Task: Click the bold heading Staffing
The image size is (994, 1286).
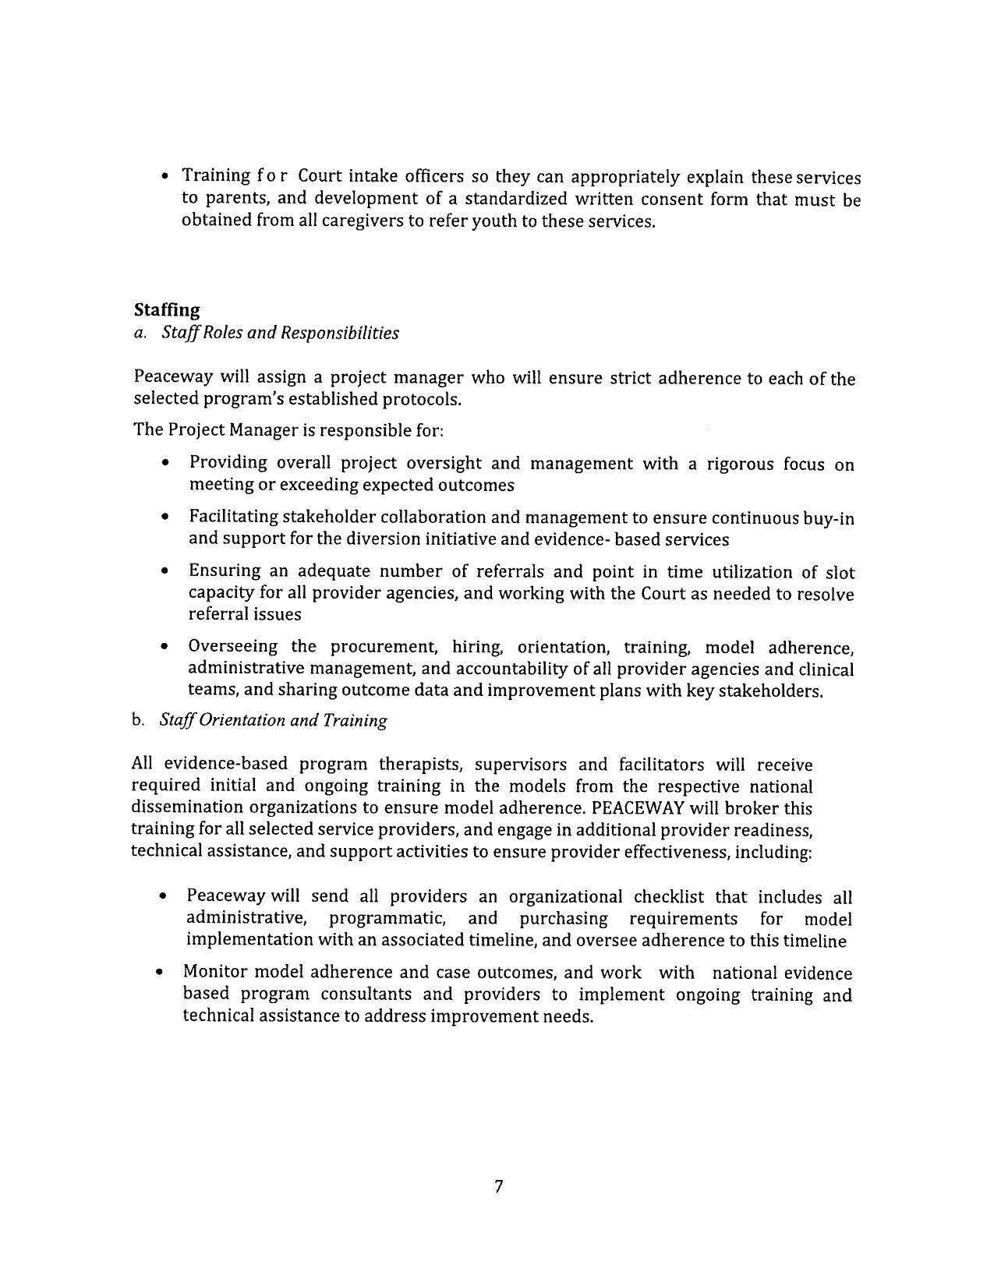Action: point(167,310)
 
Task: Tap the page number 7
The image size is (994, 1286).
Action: point(498,1187)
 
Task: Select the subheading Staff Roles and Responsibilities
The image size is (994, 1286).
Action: point(280,333)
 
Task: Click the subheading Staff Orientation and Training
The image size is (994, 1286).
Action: point(273,720)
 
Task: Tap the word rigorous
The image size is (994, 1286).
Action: point(740,465)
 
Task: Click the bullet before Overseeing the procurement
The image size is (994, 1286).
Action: point(164,648)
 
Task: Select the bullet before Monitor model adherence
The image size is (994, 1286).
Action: point(160,973)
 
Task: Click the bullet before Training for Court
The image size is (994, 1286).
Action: point(165,177)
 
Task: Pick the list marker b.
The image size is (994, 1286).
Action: point(138,720)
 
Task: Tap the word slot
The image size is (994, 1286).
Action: point(840,573)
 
